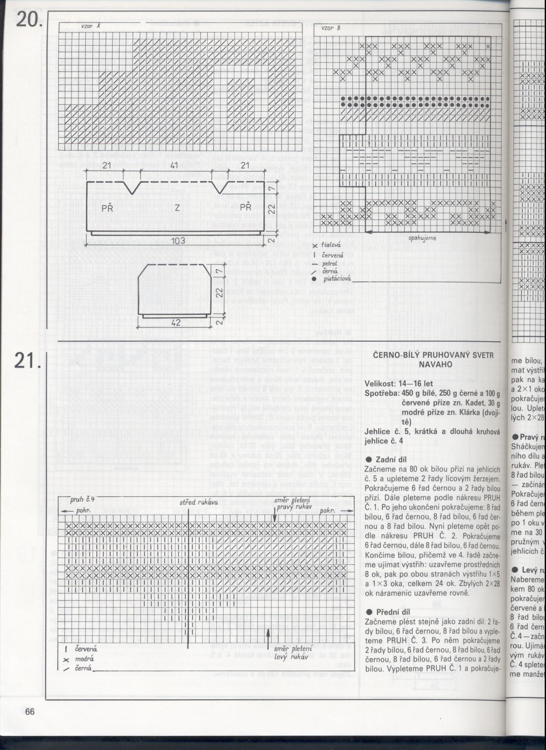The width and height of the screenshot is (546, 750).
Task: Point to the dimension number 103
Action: (x=178, y=241)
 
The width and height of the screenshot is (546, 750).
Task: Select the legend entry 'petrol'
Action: (x=329, y=262)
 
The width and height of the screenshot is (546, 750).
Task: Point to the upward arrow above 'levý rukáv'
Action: (x=268, y=639)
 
